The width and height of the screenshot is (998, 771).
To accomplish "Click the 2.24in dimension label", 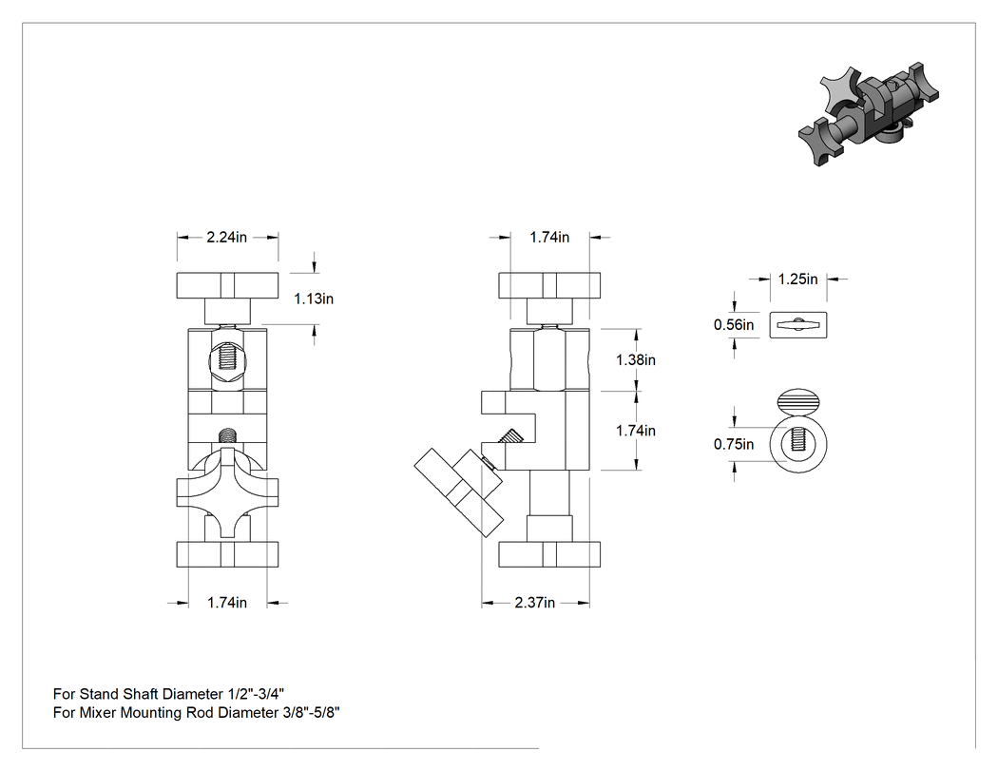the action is [x=226, y=238].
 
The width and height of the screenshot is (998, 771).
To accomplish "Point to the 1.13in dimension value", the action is [x=313, y=299].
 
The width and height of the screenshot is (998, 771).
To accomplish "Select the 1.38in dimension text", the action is [x=635, y=359].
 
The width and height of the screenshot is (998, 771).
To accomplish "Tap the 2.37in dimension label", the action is [x=534, y=603].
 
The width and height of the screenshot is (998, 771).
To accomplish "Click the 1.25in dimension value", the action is [x=797, y=279].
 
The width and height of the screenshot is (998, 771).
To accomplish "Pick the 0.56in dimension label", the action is [x=733, y=325].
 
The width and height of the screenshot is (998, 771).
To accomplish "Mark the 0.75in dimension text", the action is [x=733, y=444].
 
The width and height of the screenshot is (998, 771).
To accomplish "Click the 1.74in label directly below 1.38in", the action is [x=635, y=431].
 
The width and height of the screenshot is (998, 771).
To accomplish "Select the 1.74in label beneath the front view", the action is [x=226, y=603].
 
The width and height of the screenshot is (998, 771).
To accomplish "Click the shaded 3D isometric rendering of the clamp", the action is [x=869, y=115].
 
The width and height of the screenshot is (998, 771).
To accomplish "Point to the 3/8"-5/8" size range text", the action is [x=311, y=712].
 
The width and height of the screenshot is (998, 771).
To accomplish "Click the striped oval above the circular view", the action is [x=798, y=401].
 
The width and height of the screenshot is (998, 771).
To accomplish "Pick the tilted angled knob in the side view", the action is [x=458, y=492].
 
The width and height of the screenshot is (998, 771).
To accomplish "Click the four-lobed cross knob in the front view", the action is [x=227, y=494].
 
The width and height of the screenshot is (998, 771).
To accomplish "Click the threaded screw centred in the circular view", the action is [x=798, y=444].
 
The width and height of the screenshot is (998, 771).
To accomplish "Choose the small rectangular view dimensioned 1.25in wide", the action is [x=798, y=325].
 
